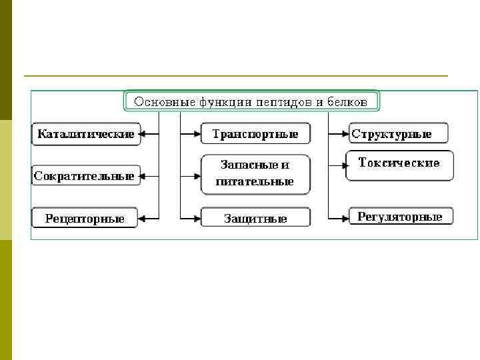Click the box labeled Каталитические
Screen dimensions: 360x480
coord(85,134)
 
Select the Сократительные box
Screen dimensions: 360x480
coord(85,177)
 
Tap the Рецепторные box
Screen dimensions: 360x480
coord(85,219)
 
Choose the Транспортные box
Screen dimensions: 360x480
coord(255,134)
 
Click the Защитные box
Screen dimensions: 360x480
coord(255,218)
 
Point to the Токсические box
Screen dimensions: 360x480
coord(399,164)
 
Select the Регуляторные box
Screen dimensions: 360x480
coord(400,217)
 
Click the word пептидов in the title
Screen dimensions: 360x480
coord(288,102)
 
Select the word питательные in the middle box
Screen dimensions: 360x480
coord(255,181)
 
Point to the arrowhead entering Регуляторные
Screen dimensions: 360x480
coord(345,217)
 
